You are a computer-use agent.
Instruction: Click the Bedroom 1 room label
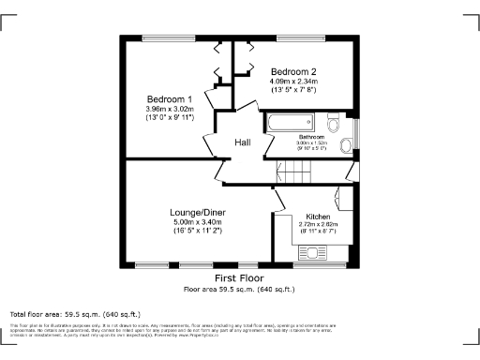coord(170,99)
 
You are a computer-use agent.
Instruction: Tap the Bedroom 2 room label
coord(293,72)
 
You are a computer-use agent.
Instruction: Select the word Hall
coord(243,142)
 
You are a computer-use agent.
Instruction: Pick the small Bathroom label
coord(312,137)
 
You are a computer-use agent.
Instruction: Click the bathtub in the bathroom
coord(292,123)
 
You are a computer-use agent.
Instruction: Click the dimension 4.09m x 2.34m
coord(293,82)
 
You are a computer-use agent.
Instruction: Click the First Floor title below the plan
coord(238,279)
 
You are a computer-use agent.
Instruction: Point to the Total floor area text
coord(75,313)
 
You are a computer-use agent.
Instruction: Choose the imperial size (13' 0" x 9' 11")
coord(170,117)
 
